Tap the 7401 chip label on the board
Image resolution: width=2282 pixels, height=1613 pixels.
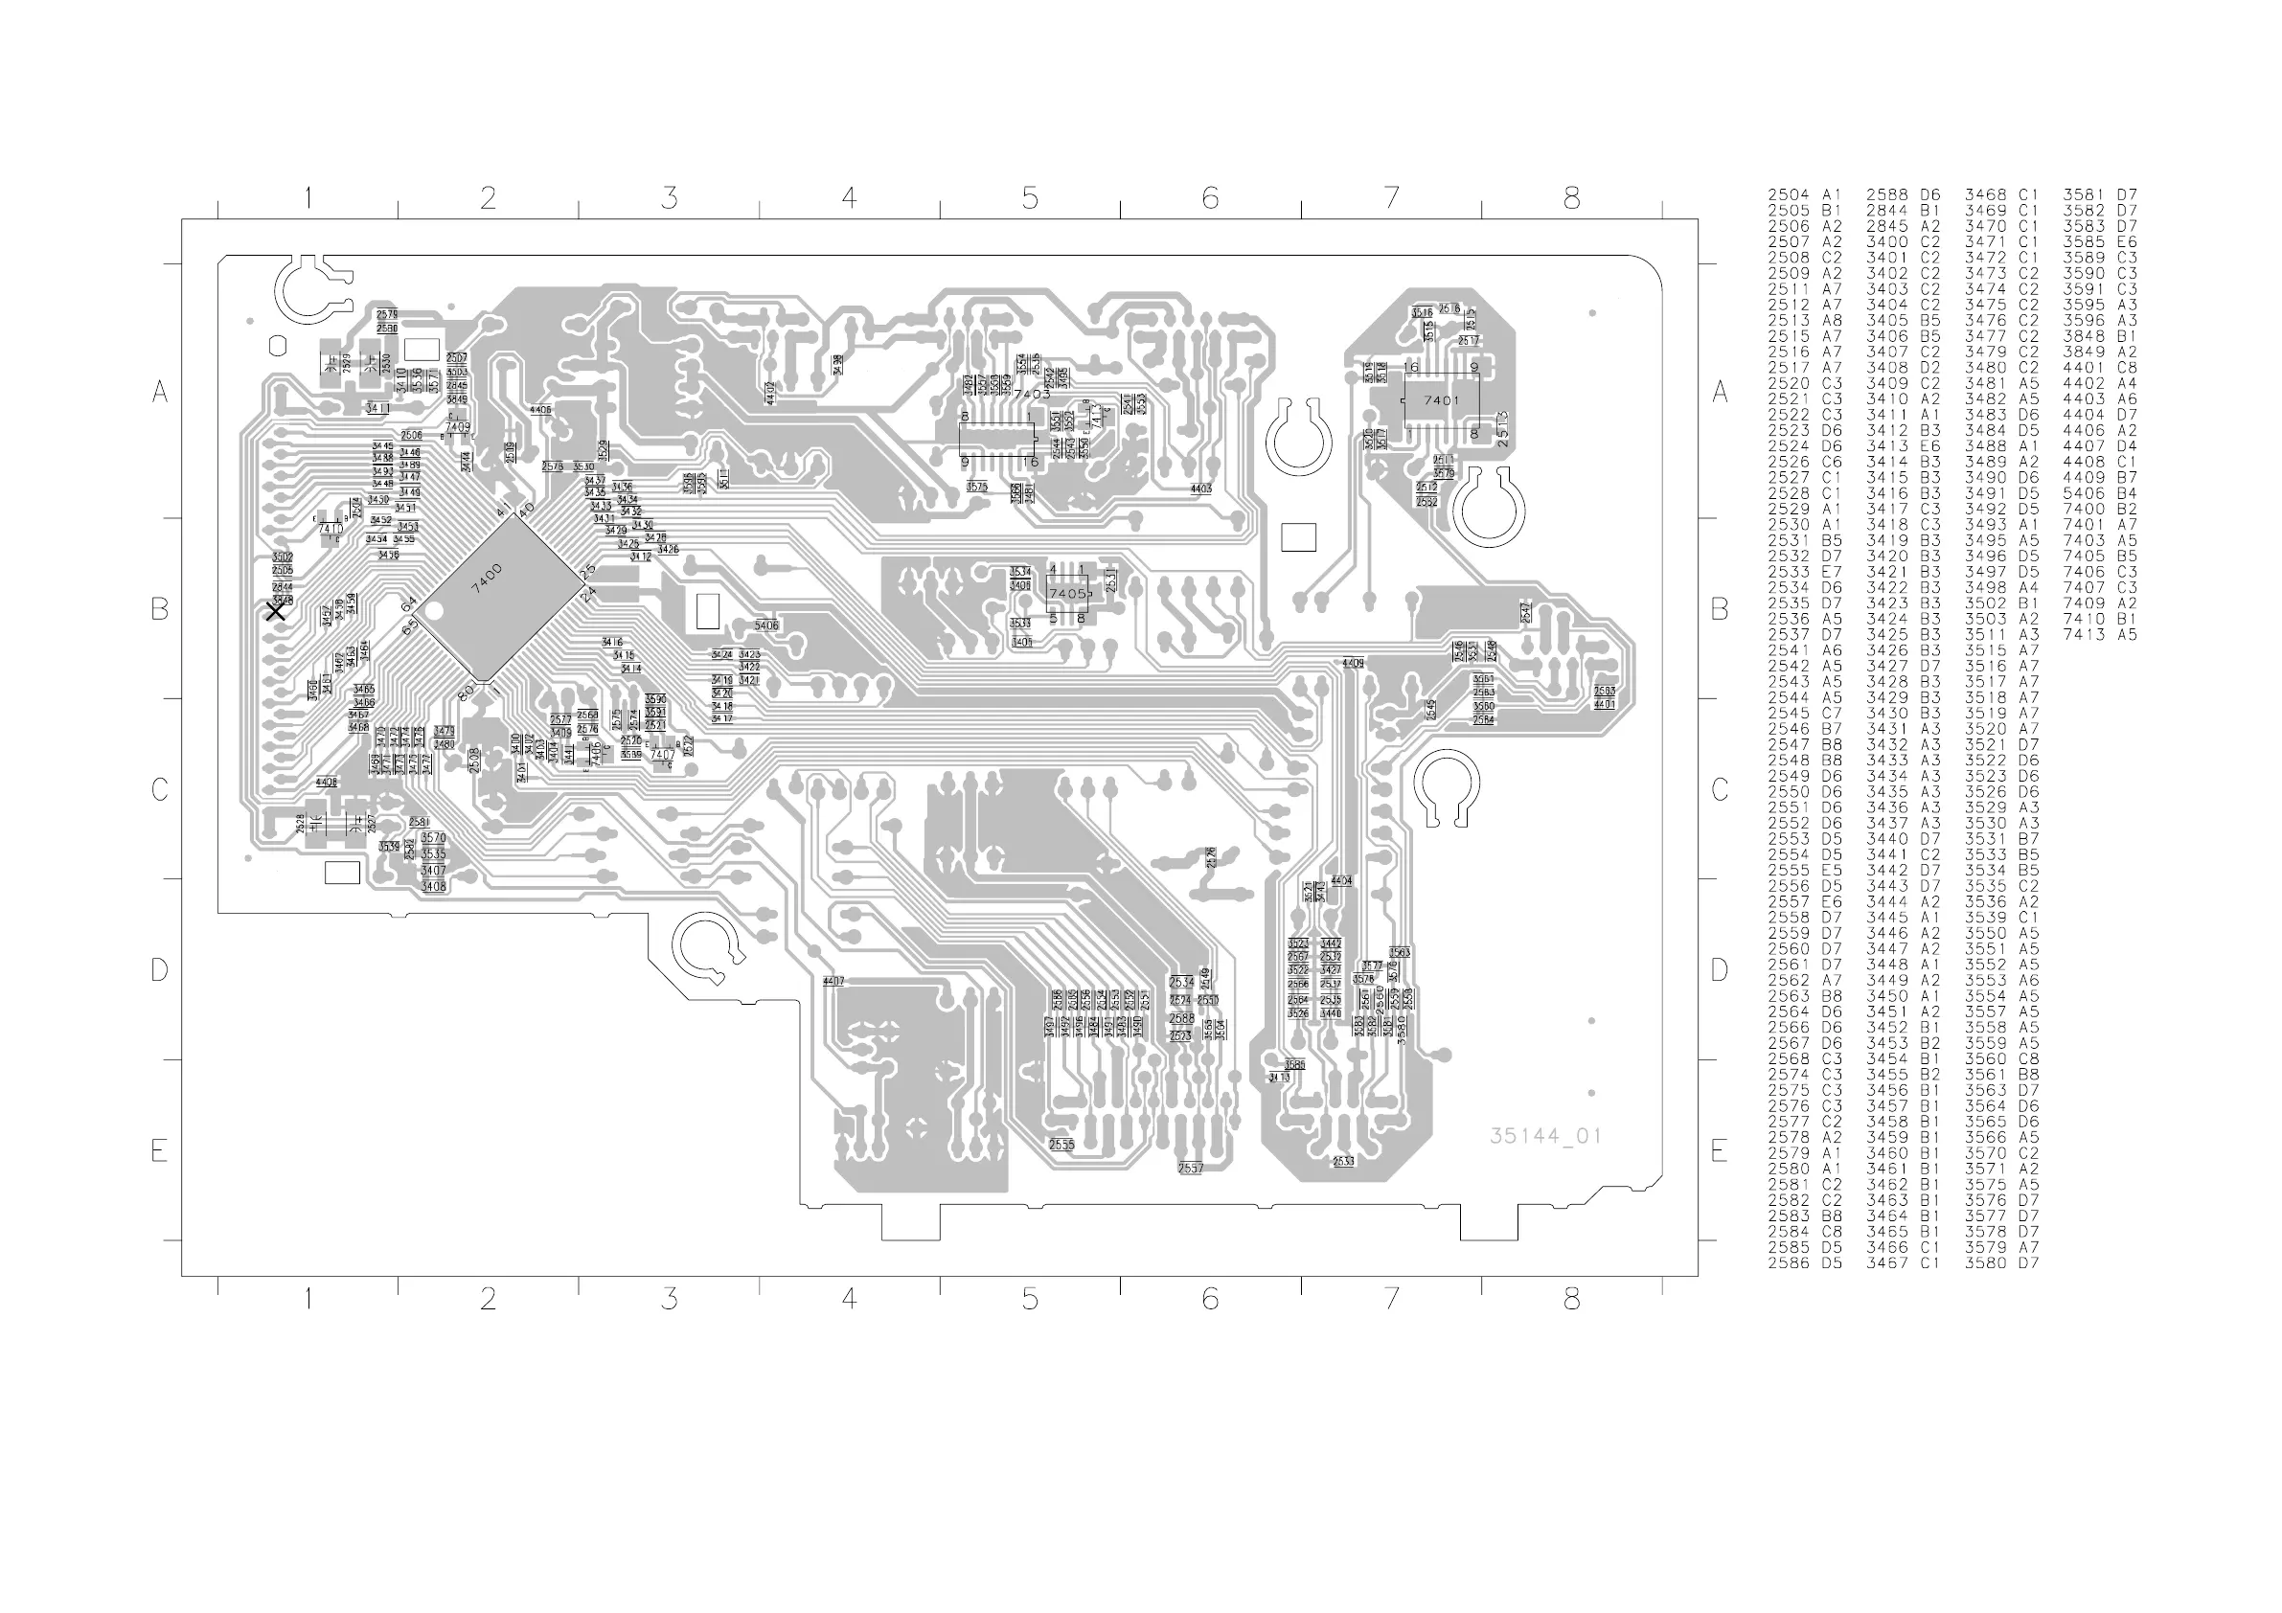pyautogui.click(x=1441, y=400)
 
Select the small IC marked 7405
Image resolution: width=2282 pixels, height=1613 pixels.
pyautogui.click(x=1067, y=593)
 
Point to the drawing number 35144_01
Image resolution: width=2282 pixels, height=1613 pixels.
pyautogui.click(x=1545, y=1136)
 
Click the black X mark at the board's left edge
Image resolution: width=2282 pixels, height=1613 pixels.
pyautogui.click(x=276, y=611)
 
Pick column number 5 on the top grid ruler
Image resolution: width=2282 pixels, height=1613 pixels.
pyautogui.click(x=1030, y=199)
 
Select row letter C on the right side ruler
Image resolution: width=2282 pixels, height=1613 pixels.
pyautogui.click(x=1721, y=790)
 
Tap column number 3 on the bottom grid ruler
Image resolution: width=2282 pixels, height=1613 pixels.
pyautogui.click(x=669, y=1298)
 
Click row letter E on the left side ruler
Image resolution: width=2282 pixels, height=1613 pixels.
pyautogui.click(x=159, y=1151)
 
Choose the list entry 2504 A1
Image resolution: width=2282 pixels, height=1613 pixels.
pyautogui.click(x=1804, y=194)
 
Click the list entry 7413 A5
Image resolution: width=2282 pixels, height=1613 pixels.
pyautogui.click(x=2099, y=634)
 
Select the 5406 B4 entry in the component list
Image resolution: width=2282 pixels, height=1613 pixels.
pyautogui.click(x=2099, y=493)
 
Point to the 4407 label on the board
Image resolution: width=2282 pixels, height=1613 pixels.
pyautogui.click(x=833, y=981)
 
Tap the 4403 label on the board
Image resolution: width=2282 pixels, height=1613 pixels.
pyautogui.click(x=1200, y=488)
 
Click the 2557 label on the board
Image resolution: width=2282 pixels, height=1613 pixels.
pyautogui.click(x=1190, y=1169)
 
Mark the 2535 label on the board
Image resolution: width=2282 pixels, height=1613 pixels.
pyautogui.click(x=1061, y=1145)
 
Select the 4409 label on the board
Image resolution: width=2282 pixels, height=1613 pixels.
pyautogui.click(x=1353, y=663)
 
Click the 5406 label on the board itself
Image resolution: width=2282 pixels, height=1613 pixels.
pyautogui.click(x=766, y=626)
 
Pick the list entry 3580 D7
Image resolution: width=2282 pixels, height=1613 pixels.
pyautogui.click(x=2000, y=1262)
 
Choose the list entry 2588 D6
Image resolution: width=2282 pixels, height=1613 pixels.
pyautogui.click(x=1903, y=194)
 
